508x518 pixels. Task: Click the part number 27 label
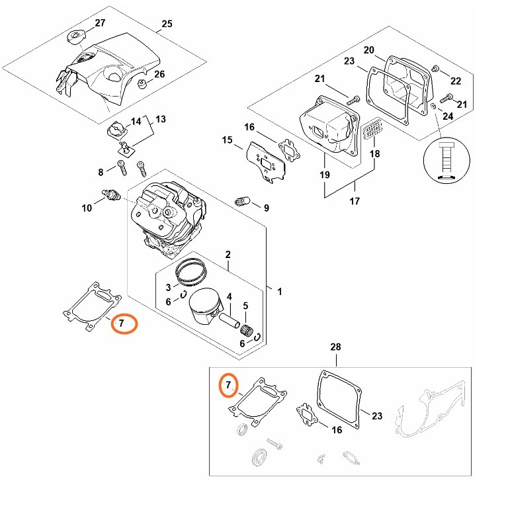click(x=100, y=23)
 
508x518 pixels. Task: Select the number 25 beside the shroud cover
click(x=167, y=24)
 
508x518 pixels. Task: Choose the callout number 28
click(x=335, y=347)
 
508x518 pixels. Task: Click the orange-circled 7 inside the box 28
click(x=228, y=385)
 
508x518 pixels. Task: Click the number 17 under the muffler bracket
click(x=355, y=201)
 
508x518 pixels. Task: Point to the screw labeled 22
click(x=436, y=68)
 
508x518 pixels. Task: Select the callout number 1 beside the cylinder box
click(x=280, y=291)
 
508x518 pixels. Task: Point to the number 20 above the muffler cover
click(x=368, y=50)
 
